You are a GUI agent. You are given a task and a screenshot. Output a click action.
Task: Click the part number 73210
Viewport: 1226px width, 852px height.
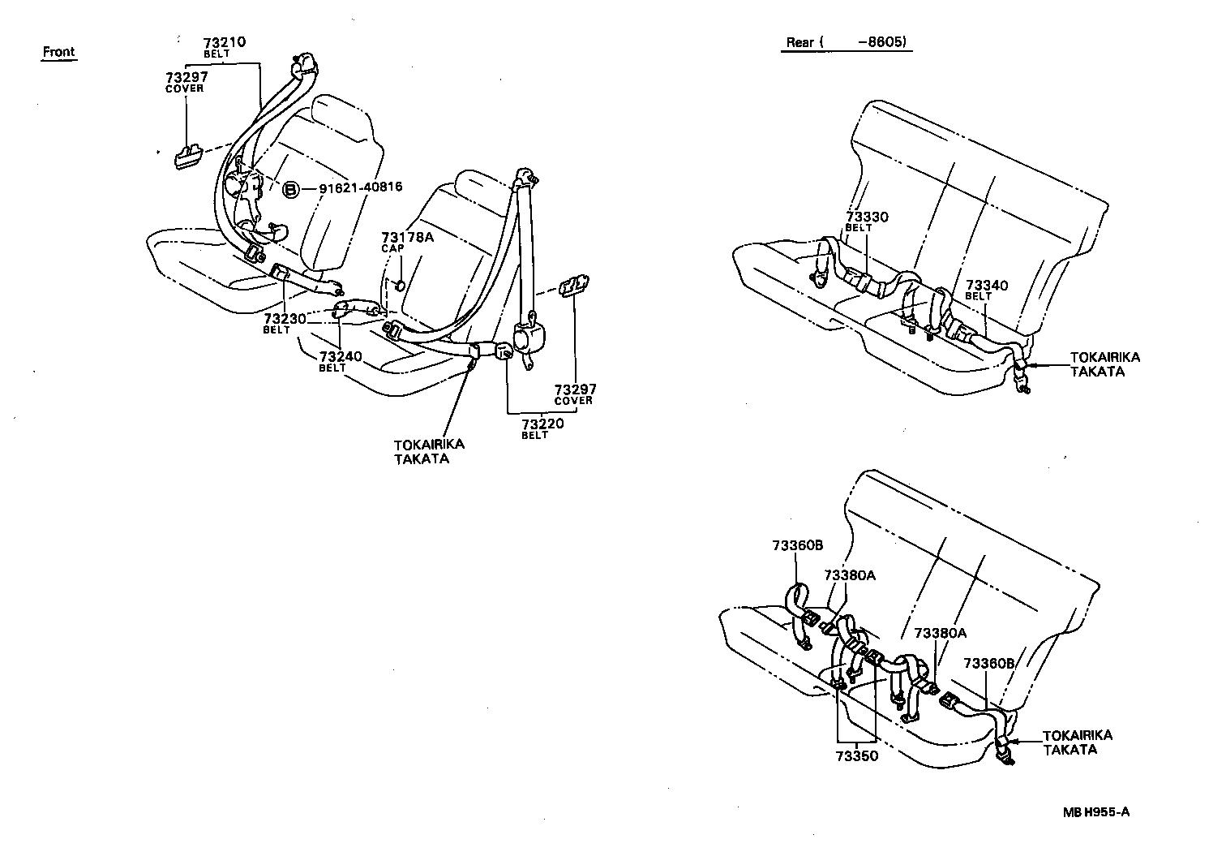(224, 42)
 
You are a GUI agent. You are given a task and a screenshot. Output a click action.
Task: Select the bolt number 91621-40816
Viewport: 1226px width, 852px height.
(360, 188)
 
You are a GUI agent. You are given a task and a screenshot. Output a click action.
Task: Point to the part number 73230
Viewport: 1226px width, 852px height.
(284, 320)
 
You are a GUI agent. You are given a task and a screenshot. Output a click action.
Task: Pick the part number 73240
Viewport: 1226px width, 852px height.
(340, 357)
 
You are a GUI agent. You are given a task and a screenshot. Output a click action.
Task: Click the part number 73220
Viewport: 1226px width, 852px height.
(542, 424)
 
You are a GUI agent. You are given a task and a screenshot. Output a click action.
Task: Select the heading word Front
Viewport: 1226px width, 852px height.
(58, 52)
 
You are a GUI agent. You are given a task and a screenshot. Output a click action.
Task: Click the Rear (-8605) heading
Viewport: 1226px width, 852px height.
(846, 42)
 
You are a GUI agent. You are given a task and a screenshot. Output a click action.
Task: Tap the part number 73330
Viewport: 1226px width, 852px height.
(867, 217)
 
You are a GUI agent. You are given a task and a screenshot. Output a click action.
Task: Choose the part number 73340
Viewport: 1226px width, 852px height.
(987, 286)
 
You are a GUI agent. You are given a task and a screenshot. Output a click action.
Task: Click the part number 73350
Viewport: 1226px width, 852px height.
(856, 755)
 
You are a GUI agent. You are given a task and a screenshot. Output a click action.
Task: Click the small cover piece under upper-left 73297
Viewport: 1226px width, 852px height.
(188, 156)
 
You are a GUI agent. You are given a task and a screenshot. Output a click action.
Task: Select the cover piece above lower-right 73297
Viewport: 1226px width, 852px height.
(572, 286)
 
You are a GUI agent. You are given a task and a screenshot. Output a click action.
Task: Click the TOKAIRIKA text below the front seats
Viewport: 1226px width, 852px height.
(429, 445)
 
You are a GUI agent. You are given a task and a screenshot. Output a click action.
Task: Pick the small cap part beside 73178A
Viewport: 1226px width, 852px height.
(401, 285)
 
